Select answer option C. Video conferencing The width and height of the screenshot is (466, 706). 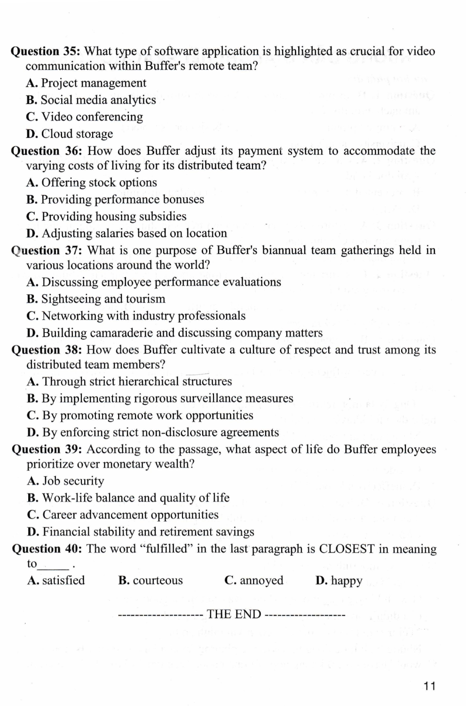click(x=85, y=117)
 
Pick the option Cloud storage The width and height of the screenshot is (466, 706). click(x=70, y=134)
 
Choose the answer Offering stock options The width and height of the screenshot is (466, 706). click(x=92, y=183)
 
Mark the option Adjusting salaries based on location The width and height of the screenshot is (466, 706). click(x=126, y=233)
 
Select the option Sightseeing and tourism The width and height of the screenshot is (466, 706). click(x=96, y=299)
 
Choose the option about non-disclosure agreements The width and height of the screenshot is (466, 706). click(x=153, y=433)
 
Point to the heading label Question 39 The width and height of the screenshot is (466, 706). click(x=47, y=449)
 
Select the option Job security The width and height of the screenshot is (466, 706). click(x=65, y=481)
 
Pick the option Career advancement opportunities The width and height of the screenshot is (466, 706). click(x=123, y=515)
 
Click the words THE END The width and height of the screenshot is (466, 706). click(x=234, y=614)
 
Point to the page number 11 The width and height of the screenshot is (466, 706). click(x=429, y=686)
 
